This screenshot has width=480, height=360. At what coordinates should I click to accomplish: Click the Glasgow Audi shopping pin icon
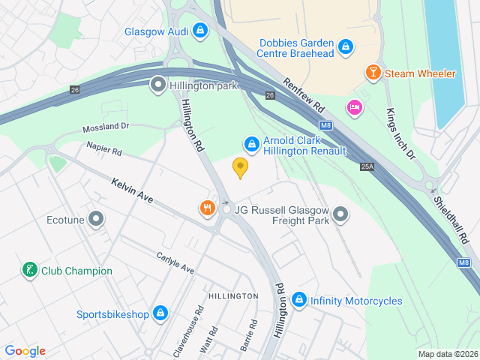point(199,31)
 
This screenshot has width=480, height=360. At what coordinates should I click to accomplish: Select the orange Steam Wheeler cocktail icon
point(372,73)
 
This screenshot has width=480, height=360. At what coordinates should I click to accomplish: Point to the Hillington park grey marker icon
point(158,85)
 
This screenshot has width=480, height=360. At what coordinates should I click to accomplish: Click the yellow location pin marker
point(240,167)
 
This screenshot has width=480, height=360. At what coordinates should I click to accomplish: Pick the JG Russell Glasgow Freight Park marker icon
point(340,215)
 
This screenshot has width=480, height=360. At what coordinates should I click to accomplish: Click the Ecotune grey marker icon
point(95,220)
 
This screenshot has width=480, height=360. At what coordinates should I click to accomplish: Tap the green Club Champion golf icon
point(29,271)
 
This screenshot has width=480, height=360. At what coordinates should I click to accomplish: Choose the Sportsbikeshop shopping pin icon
point(160,313)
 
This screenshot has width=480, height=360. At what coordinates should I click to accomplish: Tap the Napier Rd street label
point(104,149)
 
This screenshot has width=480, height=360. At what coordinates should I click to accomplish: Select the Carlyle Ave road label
point(175,263)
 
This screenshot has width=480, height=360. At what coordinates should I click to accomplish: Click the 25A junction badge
point(367,166)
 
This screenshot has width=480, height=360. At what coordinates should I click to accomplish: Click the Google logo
point(25,351)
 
